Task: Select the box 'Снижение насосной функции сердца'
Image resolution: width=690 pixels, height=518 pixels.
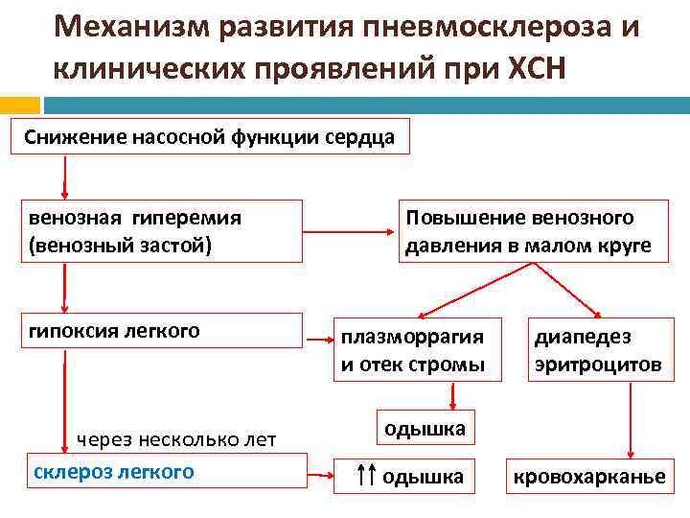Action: pos(210,137)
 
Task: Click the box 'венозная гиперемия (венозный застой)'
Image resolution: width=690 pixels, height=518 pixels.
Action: pos(163,231)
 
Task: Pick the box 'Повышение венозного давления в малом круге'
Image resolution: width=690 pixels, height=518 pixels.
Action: pos(528,231)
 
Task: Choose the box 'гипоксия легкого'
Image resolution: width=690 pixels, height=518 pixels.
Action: pos(163,331)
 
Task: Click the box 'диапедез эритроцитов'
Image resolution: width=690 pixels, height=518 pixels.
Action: pos(597,350)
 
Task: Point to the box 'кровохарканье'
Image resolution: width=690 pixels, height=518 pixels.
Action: pos(589,476)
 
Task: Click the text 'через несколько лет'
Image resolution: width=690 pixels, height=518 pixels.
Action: pos(176,439)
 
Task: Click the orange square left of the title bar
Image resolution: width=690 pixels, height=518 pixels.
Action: pos(19,105)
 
